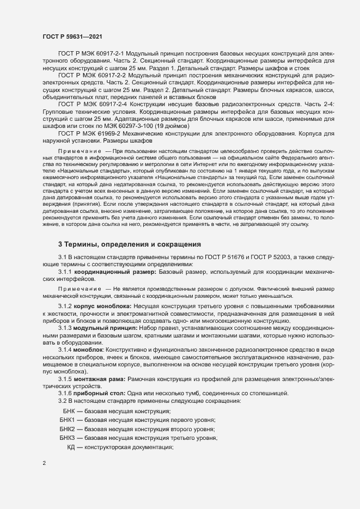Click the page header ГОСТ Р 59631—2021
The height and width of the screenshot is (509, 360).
coord(71,36)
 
